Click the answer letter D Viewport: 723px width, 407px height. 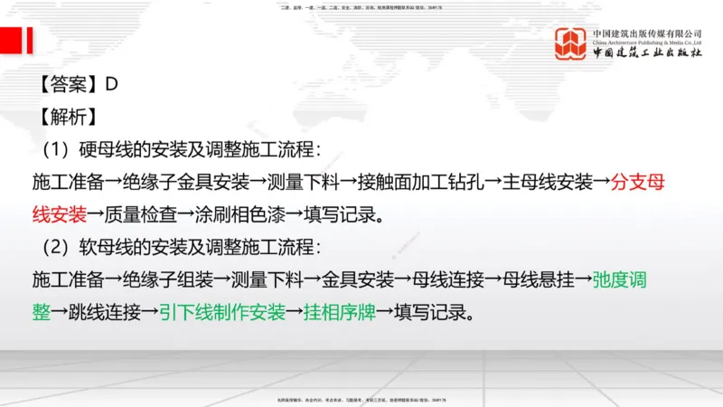point(112,85)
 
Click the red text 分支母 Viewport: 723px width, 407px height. point(638,181)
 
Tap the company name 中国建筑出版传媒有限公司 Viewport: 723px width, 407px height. point(647,33)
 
